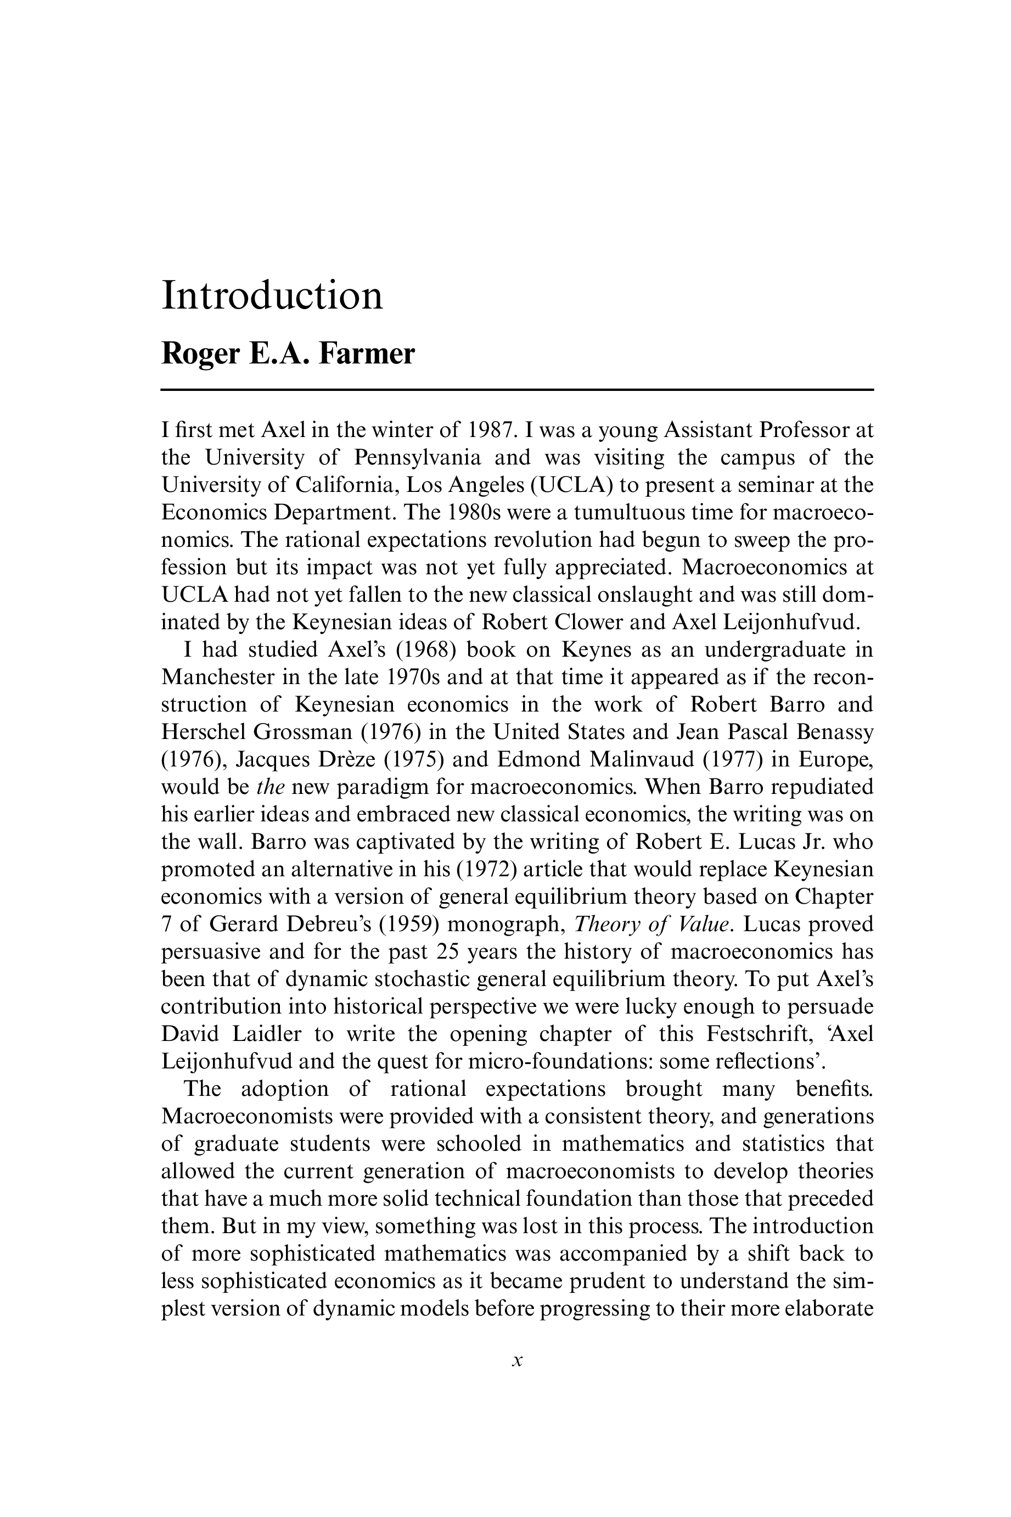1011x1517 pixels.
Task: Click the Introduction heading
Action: [272, 296]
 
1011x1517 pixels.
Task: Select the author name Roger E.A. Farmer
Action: [288, 354]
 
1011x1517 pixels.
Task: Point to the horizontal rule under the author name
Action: [516, 390]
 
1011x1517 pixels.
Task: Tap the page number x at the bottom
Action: [516, 1362]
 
